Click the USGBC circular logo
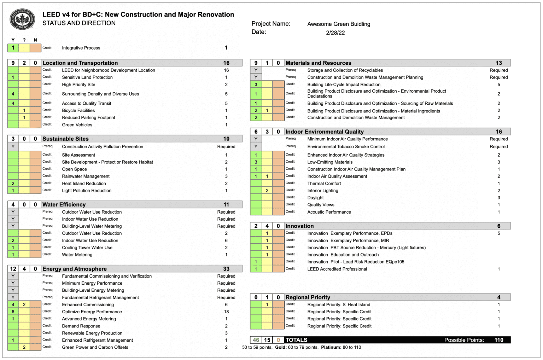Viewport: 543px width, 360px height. pyautogui.click(x=22, y=19)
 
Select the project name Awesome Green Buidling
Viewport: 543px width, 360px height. pyautogui.click(x=339, y=24)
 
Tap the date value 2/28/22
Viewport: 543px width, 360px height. pyautogui.click(x=335, y=33)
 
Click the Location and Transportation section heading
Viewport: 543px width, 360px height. pyautogui.click(x=80, y=63)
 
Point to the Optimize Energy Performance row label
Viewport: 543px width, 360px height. pyautogui.click(x=92, y=312)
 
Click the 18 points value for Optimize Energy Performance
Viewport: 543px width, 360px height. pyautogui.click(x=226, y=312)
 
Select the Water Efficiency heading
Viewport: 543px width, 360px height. pyautogui.click(x=64, y=204)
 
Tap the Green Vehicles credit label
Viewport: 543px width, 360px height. pyautogui.click(x=77, y=125)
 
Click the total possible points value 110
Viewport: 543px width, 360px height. pyautogui.click(x=499, y=340)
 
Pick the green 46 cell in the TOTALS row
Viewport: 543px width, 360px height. pyautogui.click(x=256, y=340)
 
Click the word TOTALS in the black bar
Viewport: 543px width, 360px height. pyautogui.click(x=296, y=340)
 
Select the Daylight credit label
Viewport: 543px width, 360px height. pyautogui.click(x=315, y=198)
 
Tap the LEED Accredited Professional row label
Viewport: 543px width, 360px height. pyautogui.click(x=337, y=269)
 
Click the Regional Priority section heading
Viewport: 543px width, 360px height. pyautogui.click(x=308, y=297)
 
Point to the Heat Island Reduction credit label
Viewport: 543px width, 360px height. pyautogui.click(x=84, y=184)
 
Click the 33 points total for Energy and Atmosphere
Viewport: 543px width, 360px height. pyautogui.click(x=226, y=269)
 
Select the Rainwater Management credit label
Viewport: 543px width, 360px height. pyautogui.click(x=86, y=176)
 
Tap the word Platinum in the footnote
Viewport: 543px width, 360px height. pyautogui.click(x=331, y=347)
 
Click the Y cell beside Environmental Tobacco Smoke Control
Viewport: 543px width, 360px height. pyautogui.click(x=256, y=146)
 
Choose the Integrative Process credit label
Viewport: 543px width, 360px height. pyautogui.click(x=81, y=48)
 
